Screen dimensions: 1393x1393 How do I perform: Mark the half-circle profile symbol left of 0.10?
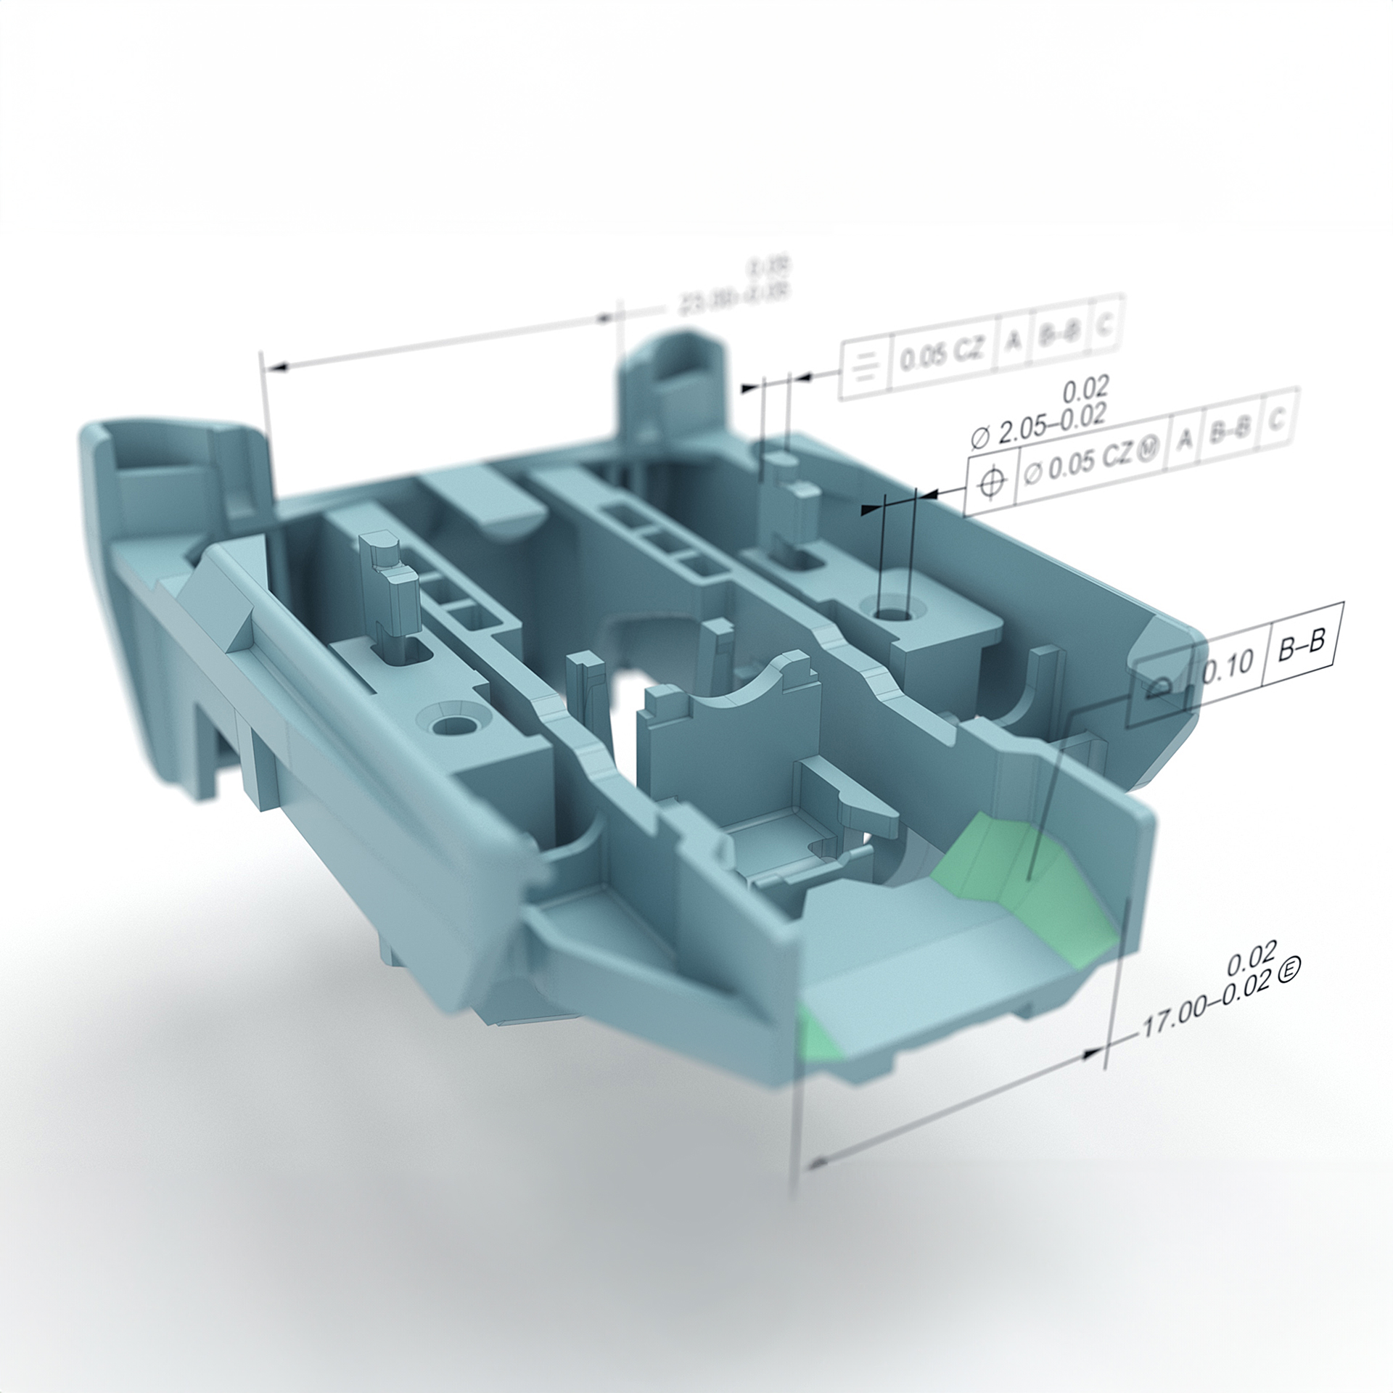[x=1155, y=686]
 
